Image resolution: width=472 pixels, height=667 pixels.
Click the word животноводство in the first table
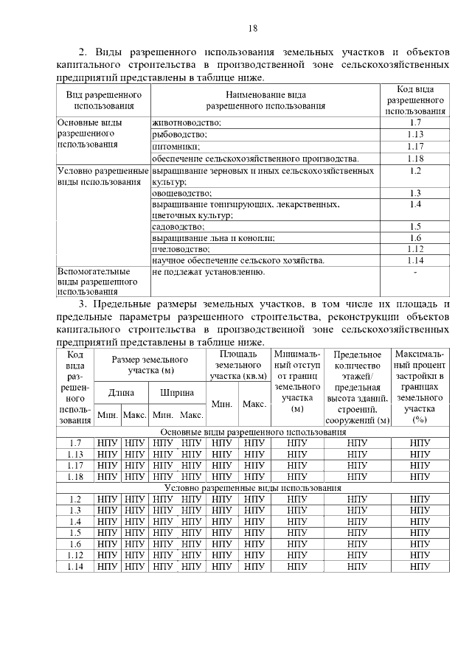187,122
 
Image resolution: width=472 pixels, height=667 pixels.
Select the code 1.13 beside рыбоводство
415,134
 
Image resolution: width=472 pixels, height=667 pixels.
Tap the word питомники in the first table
176,146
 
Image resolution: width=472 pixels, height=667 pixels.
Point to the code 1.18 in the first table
415,158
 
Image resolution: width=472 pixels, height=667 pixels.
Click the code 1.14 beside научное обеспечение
415,260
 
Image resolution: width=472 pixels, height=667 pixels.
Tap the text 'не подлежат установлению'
208,272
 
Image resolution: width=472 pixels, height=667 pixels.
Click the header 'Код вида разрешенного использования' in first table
415,100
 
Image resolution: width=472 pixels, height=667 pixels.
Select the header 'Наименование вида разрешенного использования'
266,100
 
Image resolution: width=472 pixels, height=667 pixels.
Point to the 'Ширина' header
178,393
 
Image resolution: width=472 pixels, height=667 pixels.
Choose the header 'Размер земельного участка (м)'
150,364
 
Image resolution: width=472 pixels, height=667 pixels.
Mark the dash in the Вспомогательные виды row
415,273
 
